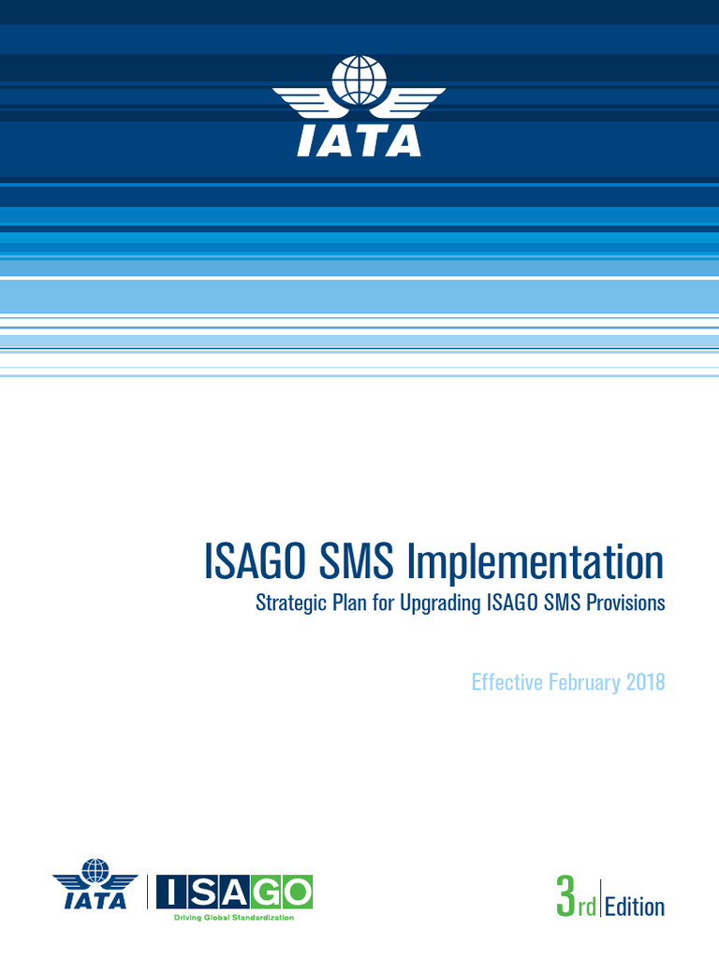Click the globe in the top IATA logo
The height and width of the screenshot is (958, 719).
pos(359,80)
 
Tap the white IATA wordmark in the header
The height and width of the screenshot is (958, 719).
pos(359,140)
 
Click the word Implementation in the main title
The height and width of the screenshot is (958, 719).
pos(535,563)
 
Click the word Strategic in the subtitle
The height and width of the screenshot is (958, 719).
pos(291,603)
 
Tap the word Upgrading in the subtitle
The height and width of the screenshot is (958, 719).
pos(440,603)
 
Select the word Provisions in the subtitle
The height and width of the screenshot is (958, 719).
pos(625,602)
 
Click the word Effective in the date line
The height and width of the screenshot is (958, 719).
pos(506,682)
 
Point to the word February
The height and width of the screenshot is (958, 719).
pos(580,682)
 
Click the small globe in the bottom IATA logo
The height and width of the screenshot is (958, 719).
pos(95,872)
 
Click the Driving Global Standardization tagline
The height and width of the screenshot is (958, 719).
pos(234,918)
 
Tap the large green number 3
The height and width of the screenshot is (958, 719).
pos(565,899)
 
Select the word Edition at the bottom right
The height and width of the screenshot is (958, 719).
pos(635,907)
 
